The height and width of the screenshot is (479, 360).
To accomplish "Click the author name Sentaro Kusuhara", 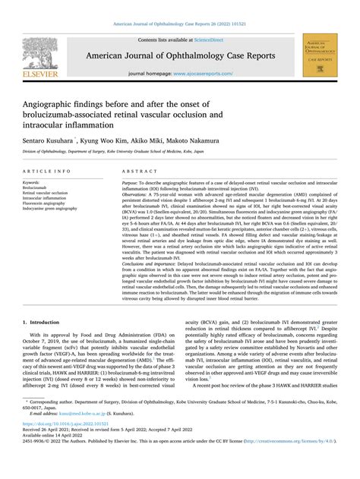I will (x=45, y=142).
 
